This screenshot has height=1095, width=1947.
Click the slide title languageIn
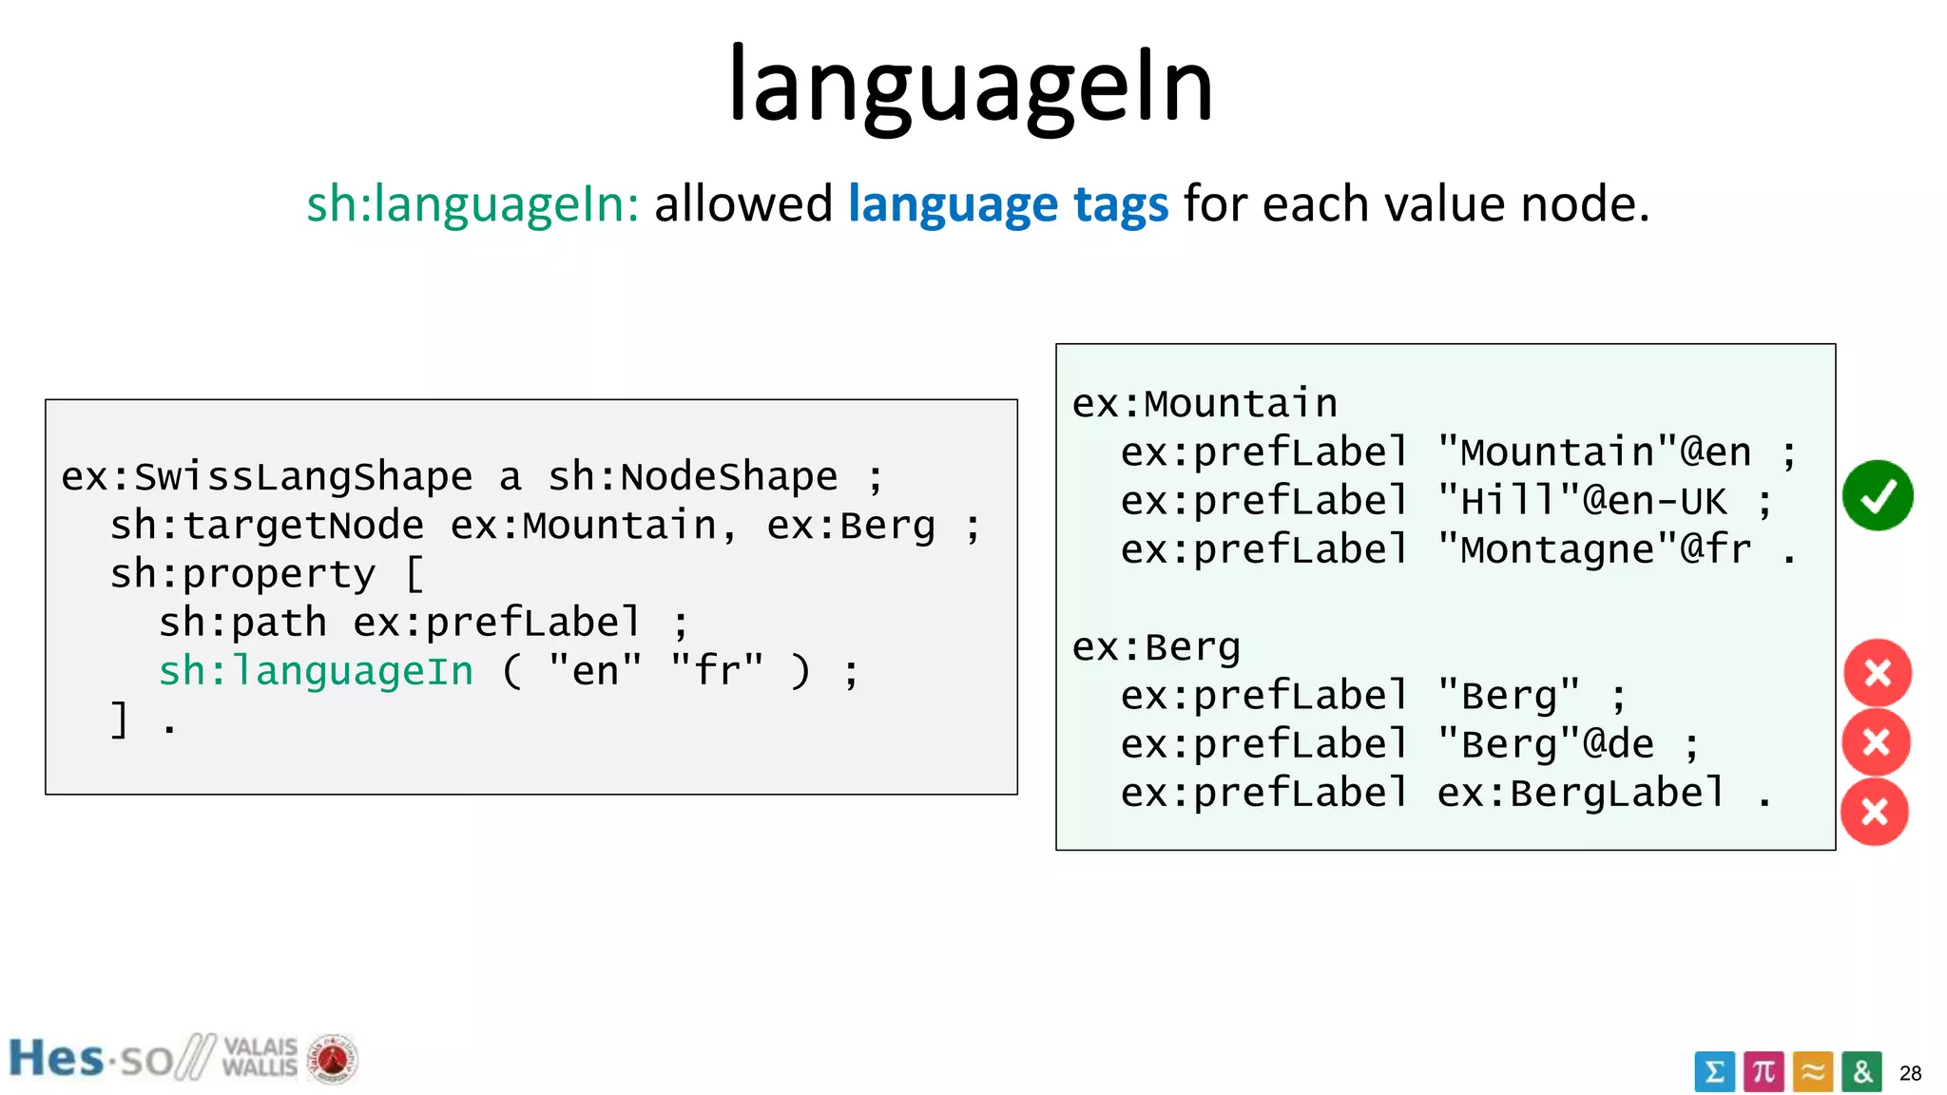pyautogui.click(x=971, y=86)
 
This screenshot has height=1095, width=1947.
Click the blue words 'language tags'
pyautogui.click(x=1008, y=204)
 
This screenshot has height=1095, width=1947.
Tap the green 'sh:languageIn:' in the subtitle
pyautogui.click(x=472, y=204)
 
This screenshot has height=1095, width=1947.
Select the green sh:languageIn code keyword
pyautogui.click(x=316, y=671)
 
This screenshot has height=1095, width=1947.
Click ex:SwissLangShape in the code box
pyautogui.click(x=267, y=476)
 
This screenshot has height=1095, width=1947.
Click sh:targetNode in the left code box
pyautogui.click(x=267, y=526)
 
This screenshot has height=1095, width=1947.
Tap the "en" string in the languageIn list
pyautogui.click(x=596, y=671)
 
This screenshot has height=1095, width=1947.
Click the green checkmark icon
pyautogui.click(x=1878, y=495)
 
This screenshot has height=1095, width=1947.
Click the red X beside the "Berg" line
pyautogui.click(x=1878, y=673)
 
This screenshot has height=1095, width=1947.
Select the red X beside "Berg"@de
pyautogui.click(x=1877, y=742)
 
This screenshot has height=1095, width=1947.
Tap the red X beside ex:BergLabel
pyautogui.click(x=1875, y=812)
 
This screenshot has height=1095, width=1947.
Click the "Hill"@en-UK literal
pyautogui.click(x=1581, y=501)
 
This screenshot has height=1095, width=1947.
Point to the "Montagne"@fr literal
pyautogui.click(x=1593, y=549)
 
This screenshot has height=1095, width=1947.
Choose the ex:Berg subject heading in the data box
pyautogui.click(x=1156, y=647)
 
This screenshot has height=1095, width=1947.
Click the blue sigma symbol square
pyautogui.click(x=1714, y=1072)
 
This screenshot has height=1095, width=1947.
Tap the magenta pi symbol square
pyautogui.click(x=1764, y=1072)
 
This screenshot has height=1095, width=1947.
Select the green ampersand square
pyautogui.click(x=1861, y=1072)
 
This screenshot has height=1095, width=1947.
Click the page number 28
pyautogui.click(x=1910, y=1074)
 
